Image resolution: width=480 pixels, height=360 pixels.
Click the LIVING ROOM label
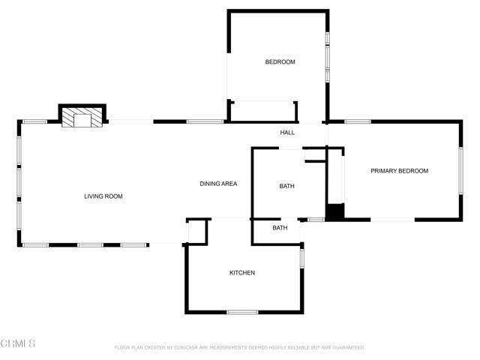click(x=103, y=196)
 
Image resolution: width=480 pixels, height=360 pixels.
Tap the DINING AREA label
click(x=219, y=184)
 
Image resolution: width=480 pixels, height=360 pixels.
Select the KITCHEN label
click(x=242, y=273)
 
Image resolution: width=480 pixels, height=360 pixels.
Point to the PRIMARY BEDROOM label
click(x=399, y=171)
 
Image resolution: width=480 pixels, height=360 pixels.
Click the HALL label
click(x=287, y=133)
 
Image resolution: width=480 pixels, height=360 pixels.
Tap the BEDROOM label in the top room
click(x=280, y=62)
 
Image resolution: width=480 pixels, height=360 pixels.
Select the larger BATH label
click(x=286, y=186)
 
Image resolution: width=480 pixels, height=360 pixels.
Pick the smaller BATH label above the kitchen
click(x=280, y=228)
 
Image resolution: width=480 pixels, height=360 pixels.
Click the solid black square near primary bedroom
click(x=334, y=211)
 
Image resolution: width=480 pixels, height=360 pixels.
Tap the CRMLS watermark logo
click(x=18, y=343)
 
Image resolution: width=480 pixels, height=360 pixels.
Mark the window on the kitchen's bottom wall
click(x=242, y=312)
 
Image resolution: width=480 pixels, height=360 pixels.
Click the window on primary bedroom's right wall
click(x=460, y=171)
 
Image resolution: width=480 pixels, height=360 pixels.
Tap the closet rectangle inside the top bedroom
click(x=264, y=111)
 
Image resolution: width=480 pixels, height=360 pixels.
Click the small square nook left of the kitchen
click(x=196, y=232)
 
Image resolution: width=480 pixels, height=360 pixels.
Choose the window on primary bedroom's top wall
click(x=358, y=121)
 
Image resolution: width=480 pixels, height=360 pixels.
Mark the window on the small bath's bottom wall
click(x=316, y=220)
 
